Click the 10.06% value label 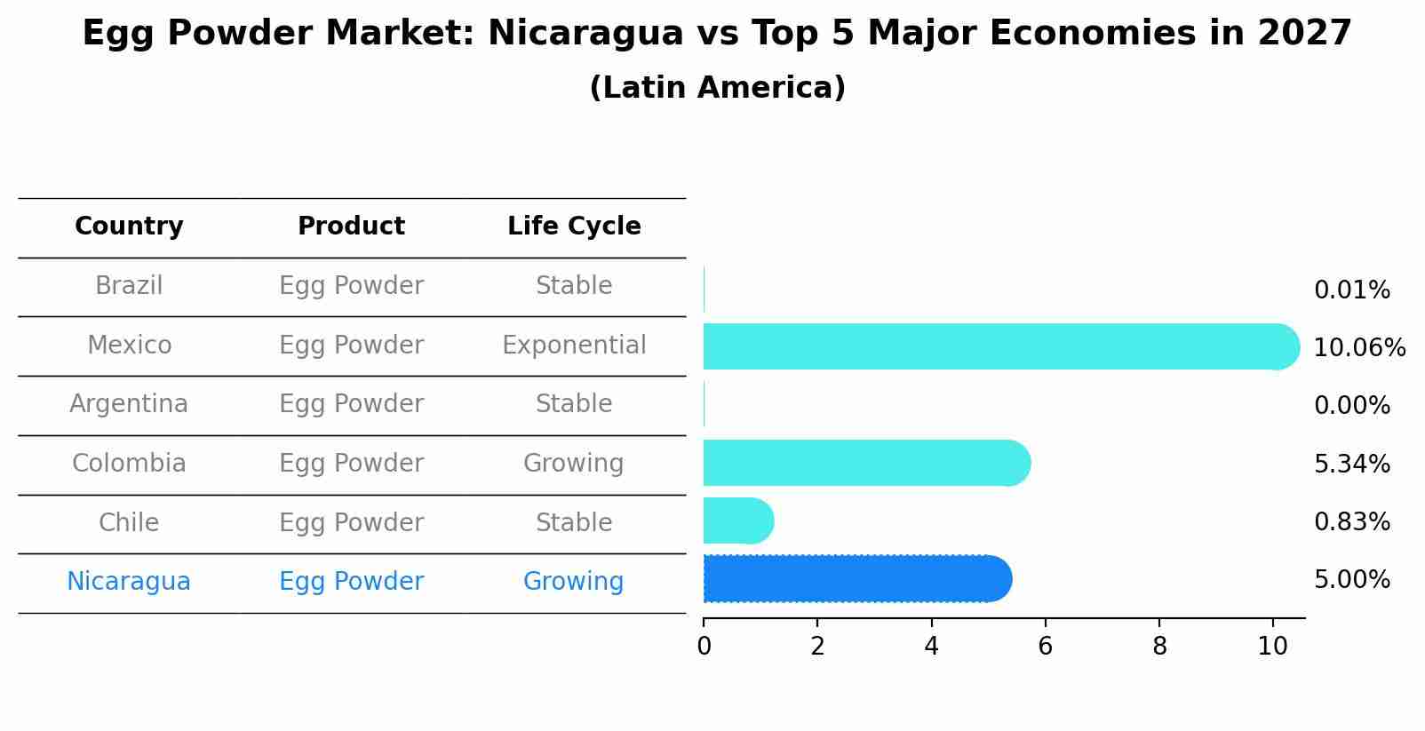[x=1359, y=347]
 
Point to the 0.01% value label [x=1351, y=290]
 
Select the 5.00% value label [x=1351, y=579]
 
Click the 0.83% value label [x=1351, y=521]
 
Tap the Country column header [x=129, y=226]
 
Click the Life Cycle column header [x=574, y=226]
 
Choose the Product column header [x=351, y=226]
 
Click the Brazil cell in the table [x=129, y=286]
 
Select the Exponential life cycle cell [x=574, y=345]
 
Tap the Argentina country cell [x=129, y=404]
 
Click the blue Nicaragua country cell [x=129, y=581]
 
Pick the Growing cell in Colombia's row [x=573, y=463]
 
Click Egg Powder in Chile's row [x=351, y=522]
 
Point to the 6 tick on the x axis [x=1045, y=646]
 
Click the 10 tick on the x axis [x=1272, y=646]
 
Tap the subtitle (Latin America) [x=717, y=87]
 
